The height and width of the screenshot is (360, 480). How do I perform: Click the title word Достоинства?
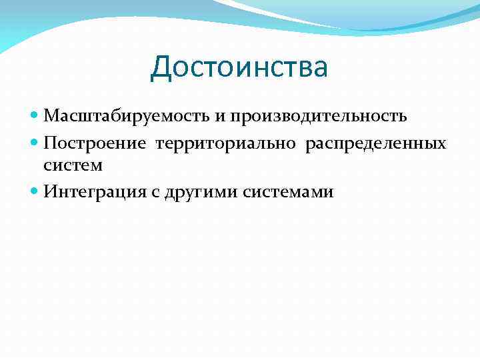click(x=239, y=68)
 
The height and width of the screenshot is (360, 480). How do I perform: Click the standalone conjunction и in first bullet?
click(x=219, y=117)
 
